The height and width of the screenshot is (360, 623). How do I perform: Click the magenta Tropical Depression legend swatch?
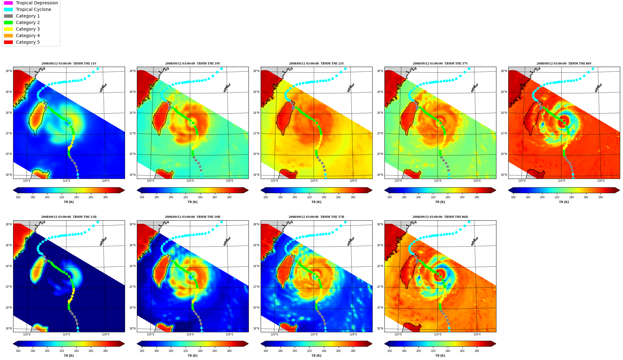pos(8,3)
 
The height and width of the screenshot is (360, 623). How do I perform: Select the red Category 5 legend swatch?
pos(8,42)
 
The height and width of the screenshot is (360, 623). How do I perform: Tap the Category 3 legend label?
pos(28,29)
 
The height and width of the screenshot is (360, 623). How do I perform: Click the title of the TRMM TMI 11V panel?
pos(69,64)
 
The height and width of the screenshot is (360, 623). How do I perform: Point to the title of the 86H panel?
pos(440,217)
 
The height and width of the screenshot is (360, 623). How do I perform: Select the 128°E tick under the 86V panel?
pos(601,181)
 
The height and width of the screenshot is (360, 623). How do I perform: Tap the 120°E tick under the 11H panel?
pos(27,334)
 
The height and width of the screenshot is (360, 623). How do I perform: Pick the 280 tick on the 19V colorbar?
pos(229,197)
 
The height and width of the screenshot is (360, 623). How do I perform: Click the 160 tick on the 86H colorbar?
pos(389,351)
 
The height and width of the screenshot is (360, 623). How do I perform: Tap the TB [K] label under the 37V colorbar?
pos(440,202)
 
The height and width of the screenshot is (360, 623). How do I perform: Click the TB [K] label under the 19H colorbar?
pos(193,356)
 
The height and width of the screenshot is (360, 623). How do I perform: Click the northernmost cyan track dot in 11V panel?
pos(98,69)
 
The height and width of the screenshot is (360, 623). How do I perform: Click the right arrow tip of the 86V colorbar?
pos(620,190)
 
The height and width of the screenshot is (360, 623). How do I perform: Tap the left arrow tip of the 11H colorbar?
pos(13,344)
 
